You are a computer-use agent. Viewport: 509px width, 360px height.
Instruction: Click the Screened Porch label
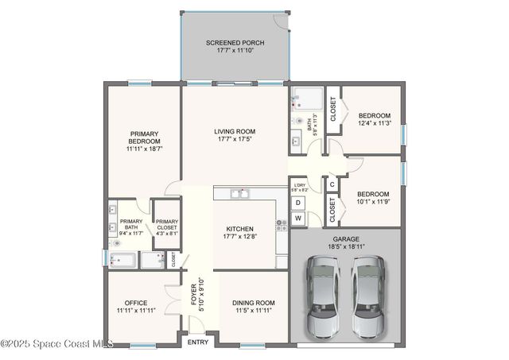point(235,46)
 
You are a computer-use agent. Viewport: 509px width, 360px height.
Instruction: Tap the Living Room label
point(235,135)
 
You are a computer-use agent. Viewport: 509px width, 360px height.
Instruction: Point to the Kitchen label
point(239,230)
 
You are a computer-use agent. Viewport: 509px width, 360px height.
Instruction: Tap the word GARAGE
point(346,238)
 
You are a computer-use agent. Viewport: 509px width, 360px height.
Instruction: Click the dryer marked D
point(299,203)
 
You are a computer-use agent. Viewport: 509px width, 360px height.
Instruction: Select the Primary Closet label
point(166,227)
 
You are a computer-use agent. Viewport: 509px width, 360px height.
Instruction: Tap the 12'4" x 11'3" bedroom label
point(374,119)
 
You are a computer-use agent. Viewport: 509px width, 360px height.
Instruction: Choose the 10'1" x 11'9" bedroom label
point(373,198)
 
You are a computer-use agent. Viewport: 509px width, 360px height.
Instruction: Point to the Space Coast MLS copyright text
point(56,343)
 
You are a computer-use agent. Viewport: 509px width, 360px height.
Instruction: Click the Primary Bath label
point(130,227)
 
